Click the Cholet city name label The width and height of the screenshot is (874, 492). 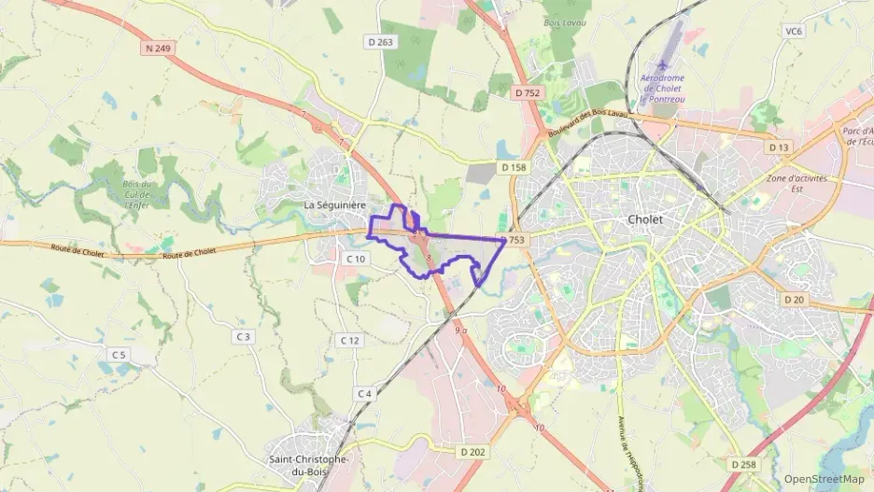point(644,220)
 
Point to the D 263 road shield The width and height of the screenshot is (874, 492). point(380,42)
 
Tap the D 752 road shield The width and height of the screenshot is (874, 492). point(527,91)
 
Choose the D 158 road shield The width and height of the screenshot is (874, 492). point(513,167)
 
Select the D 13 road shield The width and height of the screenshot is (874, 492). point(778,148)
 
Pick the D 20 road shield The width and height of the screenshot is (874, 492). point(794,299)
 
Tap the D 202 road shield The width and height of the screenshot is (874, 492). point(473,452)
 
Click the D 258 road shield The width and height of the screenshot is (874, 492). point(743,464)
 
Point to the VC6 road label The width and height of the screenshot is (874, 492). point(794,31)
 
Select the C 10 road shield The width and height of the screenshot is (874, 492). point(355,259)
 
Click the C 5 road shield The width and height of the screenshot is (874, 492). point(119,355)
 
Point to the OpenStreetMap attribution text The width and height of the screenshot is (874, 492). point(824,479)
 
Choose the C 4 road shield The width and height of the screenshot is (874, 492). point(364,394)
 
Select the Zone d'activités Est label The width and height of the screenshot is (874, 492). point(796,183)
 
